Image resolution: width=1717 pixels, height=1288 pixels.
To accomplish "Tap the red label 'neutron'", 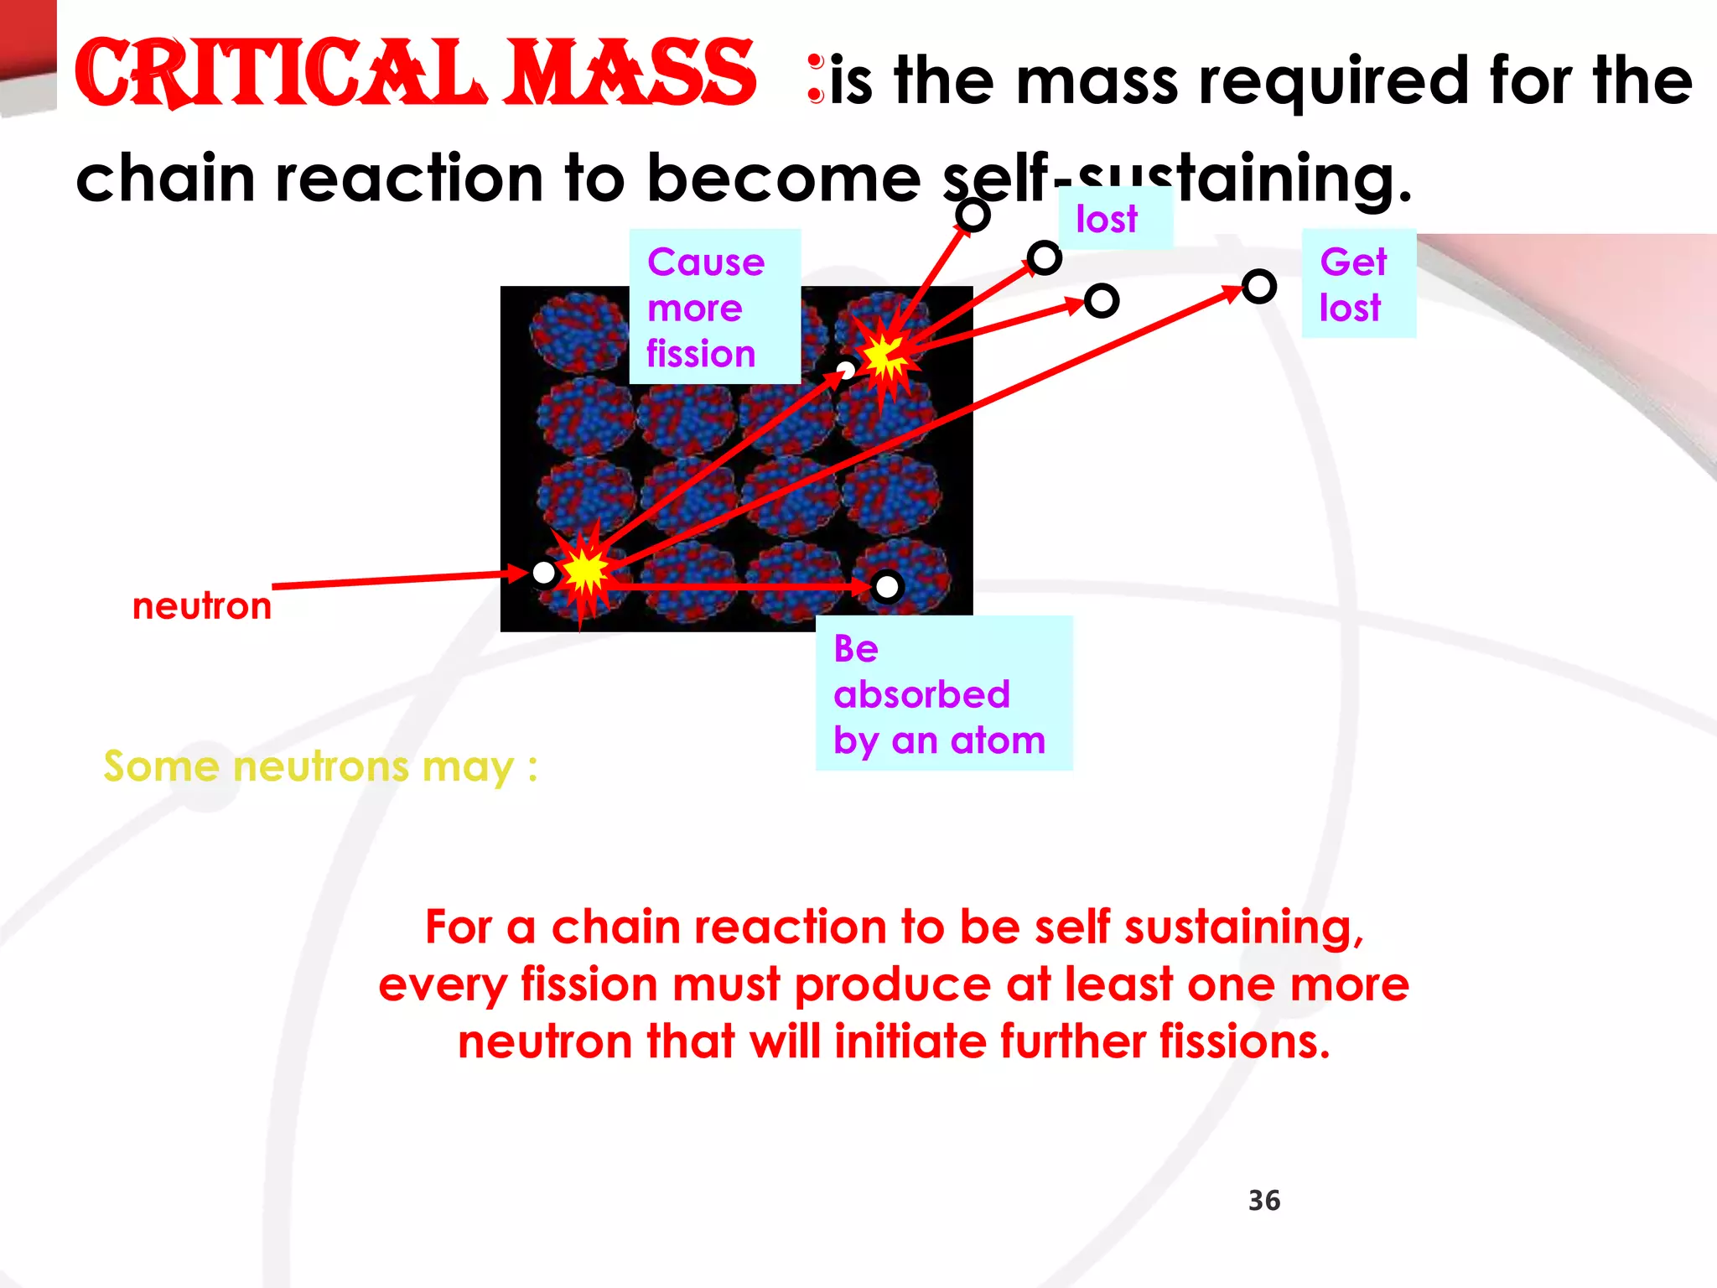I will [x=202, y=605].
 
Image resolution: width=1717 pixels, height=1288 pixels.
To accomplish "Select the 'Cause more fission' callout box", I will [x=714, y=307].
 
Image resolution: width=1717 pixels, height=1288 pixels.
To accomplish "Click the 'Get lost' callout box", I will [x=1358, y=283].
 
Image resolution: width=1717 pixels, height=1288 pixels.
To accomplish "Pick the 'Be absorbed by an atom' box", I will [x=943, y=693].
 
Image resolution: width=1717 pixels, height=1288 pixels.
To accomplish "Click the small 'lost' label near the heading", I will [x=1107, y=219].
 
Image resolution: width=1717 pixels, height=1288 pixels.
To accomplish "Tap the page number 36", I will [x=1263, y=1200].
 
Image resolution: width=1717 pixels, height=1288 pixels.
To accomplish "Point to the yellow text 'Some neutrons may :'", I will [x=320, y=766].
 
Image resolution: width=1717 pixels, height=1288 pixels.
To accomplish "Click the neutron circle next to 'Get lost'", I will [x=1258, y=287].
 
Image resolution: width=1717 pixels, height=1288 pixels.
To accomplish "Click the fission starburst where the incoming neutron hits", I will [x=584, y=572].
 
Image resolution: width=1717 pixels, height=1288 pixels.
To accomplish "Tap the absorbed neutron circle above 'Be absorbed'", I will [x=886, y=587].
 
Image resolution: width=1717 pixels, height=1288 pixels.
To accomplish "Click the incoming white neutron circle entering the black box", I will [x=544, y=573].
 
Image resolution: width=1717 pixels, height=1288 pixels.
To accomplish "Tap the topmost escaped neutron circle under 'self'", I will [x=973, y=216].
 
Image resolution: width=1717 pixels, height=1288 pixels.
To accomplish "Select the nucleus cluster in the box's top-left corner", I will [x=577, y=332].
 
